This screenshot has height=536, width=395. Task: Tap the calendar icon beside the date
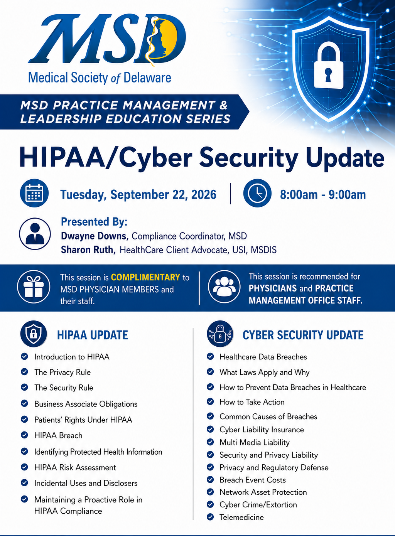point(34,193)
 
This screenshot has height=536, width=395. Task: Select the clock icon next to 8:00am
point(257,193)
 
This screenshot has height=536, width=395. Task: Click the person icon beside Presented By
point(35,234)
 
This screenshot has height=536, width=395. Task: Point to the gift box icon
point(34,287)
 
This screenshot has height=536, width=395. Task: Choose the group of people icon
point(224,287)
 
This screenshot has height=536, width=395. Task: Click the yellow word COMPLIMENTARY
point(145,277)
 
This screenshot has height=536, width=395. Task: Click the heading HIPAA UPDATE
point(93,335)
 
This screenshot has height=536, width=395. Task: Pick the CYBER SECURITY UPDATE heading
point(303,335)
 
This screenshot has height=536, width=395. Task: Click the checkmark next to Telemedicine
point(210,517)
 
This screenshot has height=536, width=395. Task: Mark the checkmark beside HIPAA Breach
point(24,435)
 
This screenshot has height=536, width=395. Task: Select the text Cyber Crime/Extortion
point(258,505)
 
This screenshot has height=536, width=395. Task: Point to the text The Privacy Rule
point(62,373)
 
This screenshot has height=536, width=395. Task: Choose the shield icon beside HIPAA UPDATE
point(34,334)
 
